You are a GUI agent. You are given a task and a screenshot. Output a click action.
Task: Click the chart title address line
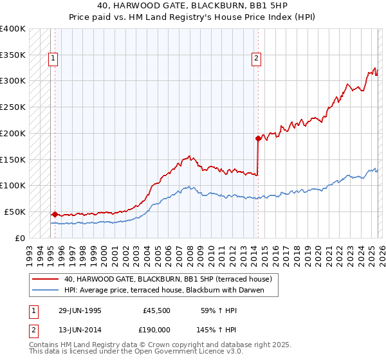click(193, 6)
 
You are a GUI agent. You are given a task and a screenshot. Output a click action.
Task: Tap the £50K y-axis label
click(15, 212)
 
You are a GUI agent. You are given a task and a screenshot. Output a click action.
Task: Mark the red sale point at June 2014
click(258, 138)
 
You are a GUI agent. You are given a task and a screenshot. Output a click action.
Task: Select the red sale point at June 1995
click(55, 214)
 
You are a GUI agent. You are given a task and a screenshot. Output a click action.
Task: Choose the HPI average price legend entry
click(170, 290)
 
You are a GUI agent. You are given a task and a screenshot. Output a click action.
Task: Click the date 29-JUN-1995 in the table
click(80, 310)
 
